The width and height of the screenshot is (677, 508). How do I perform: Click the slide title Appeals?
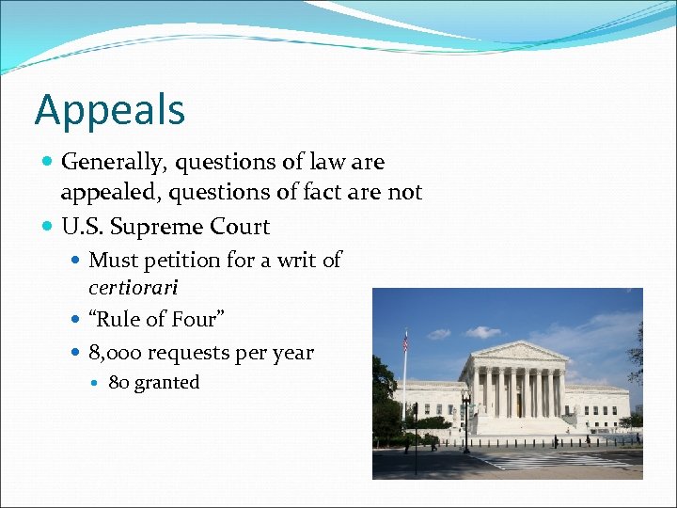pos(110,110)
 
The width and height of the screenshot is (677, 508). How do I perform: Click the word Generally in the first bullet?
pos(110,163)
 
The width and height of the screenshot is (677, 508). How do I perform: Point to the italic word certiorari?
pos(133,287)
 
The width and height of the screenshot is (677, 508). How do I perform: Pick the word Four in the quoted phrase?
pos(194,320)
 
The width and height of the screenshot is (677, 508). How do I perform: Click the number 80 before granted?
pos(118,383)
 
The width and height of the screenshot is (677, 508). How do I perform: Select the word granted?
pos(166,383)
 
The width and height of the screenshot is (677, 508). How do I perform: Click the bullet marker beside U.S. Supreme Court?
pos(49,227)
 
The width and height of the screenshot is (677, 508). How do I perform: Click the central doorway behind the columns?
pos(518,404)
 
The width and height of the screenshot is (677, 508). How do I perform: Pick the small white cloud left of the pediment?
pos(482,332)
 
